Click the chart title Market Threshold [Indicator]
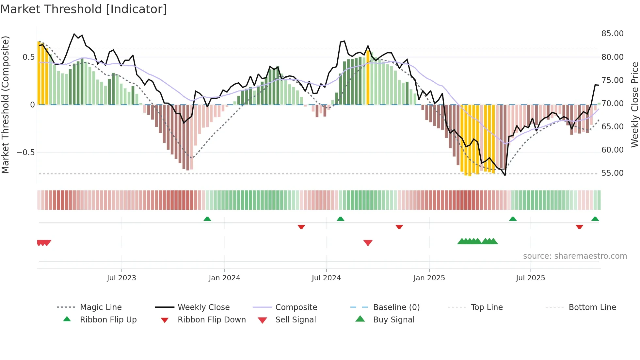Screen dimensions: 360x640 coord(84,9)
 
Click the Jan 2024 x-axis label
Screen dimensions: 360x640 coord(224,278)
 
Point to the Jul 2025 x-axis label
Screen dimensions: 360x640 coord(530,278)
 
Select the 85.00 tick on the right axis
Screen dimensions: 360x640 coord(612,34)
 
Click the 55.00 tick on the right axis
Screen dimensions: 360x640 coord(612,173)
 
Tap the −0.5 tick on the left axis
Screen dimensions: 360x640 coord(25,153)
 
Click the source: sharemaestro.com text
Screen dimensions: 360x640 coord(575,256)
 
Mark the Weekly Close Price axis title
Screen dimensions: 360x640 coord(634,105)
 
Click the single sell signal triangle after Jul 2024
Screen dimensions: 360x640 coord(368,243)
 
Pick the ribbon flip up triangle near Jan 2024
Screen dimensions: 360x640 coord(207,219)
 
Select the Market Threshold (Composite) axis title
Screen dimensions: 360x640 coord(5,105)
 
